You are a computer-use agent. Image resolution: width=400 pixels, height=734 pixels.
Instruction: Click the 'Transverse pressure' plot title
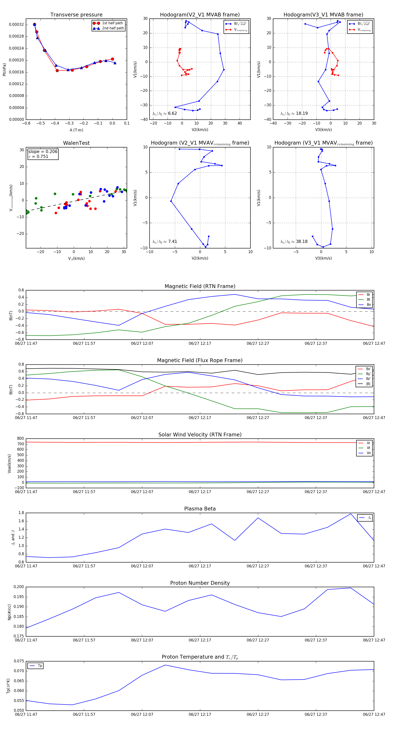(76, 15)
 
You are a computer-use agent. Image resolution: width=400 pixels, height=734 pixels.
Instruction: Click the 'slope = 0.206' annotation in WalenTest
(43, 152)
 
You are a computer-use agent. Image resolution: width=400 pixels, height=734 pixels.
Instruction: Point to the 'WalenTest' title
(76, 143)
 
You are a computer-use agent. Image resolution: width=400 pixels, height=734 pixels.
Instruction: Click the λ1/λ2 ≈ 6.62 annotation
(164, 113)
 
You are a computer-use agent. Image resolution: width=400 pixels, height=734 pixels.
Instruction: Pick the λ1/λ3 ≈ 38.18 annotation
(294, 242)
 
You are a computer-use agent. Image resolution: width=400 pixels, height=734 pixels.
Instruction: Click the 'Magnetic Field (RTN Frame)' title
(200, 286)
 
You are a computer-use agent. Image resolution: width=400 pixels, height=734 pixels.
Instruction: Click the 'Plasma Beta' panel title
(200, 509)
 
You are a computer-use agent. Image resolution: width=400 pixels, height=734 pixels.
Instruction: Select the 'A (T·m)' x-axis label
(76, 130)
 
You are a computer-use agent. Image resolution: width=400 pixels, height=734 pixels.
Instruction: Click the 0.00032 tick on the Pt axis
(16, 24)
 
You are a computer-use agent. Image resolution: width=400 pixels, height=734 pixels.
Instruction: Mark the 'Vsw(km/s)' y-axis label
(9, 464)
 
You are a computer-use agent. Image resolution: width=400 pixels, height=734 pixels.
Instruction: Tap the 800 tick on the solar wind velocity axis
(20, 439)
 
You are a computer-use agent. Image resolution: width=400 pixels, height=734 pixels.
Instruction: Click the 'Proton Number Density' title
(200, 583)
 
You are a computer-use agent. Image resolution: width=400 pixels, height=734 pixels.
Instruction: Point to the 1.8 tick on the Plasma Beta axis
(21, 513)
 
